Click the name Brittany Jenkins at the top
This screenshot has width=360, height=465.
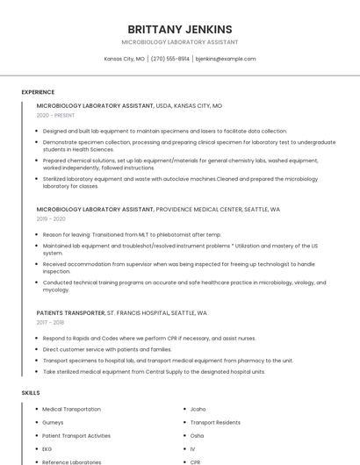(179, 29)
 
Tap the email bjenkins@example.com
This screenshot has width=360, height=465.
(226, 59)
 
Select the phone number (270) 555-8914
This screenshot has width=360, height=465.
(169, 59)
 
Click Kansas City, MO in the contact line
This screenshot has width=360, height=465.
(124, 59)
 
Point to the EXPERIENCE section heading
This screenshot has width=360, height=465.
(38, 92)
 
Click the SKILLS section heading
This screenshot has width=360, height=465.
(31, 392)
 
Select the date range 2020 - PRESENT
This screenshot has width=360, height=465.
(55, 115)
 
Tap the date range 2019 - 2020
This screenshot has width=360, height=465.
(51, 218)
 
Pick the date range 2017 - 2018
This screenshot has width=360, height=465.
(51, 322)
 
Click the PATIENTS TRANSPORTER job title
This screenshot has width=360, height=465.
(70, 312)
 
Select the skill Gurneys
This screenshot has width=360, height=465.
(53, 422)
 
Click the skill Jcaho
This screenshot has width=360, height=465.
(198, 409)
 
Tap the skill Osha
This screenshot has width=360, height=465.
(197, 435)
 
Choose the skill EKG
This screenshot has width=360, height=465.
(47, 448)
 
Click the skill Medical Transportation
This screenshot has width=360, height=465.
(71, 409)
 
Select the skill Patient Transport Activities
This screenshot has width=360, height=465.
(76, 435)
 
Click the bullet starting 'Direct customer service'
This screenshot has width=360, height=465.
(107, 348)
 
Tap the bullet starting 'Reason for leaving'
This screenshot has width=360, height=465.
(132, 234)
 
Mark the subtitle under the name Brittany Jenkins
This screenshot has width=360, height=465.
(179, 42)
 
